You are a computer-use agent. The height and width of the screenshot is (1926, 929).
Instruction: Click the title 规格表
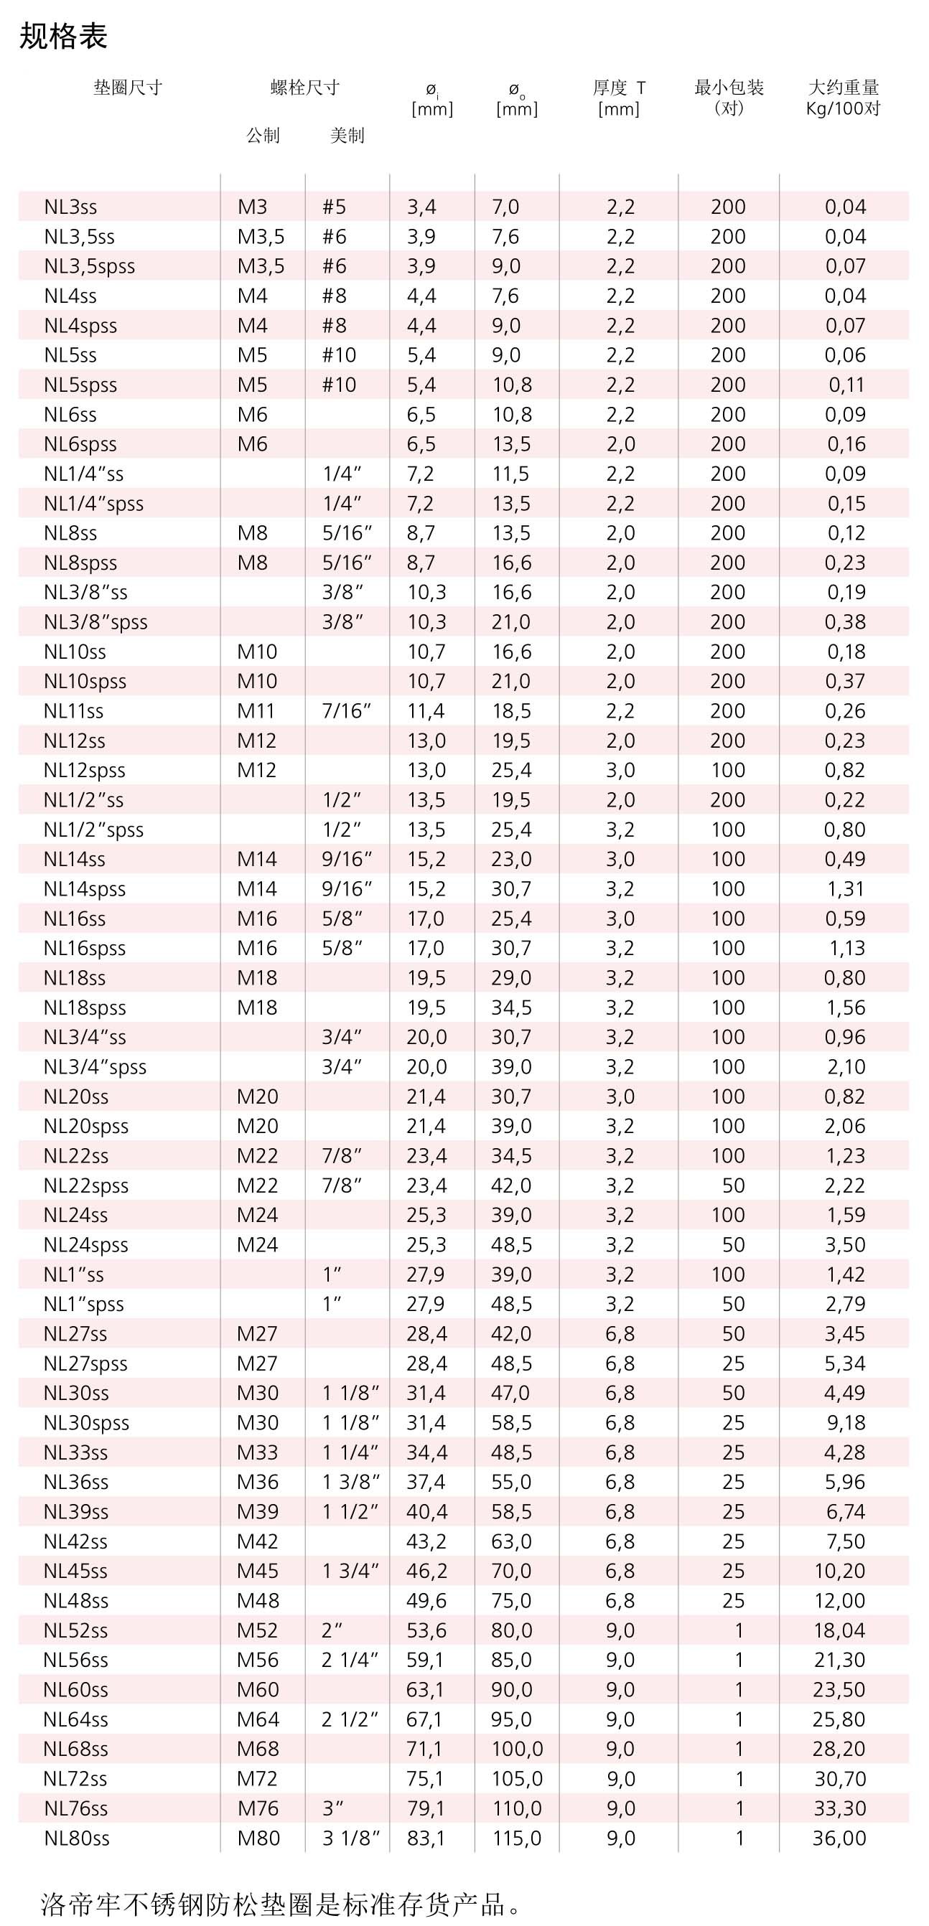(x=64, y=36)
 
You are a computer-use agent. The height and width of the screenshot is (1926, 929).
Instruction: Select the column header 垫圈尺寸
(x=128, y=88)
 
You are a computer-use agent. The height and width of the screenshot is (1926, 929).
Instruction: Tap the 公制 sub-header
(x=263, y=136)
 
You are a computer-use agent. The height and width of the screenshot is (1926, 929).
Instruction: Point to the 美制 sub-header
(x=347, y=136)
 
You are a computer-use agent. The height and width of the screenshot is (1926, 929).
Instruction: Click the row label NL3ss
(x=70, y=207)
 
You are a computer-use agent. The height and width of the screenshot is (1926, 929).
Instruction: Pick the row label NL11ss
(x=73, y=711)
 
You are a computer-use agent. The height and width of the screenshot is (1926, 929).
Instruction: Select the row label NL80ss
(x=76, y=1838)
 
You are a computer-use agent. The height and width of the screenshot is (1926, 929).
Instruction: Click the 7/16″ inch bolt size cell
(x=347, y=711)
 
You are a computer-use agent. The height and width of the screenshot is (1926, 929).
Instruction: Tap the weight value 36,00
(x=839, y=1838)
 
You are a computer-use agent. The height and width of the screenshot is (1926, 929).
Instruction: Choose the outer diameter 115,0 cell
(x=516, y=1838)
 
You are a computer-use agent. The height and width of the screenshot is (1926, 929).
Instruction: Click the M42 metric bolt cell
(x=257, y=1541)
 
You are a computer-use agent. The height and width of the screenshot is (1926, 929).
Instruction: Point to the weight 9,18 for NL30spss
(x=845, y=1423)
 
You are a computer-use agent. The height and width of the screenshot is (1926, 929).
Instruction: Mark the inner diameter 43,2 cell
(x=426, y=1541)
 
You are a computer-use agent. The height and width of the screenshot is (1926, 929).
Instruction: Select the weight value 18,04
(x=839, y=1630)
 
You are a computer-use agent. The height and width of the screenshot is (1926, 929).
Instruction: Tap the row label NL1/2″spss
(x=93, y=830)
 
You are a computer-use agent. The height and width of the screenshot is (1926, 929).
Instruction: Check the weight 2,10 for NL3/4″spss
(x=846, y=1067)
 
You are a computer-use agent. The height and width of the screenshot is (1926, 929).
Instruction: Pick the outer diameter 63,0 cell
(x=512, y=1541)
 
